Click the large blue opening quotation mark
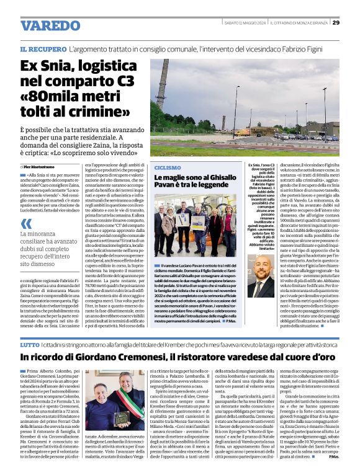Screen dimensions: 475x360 27,234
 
